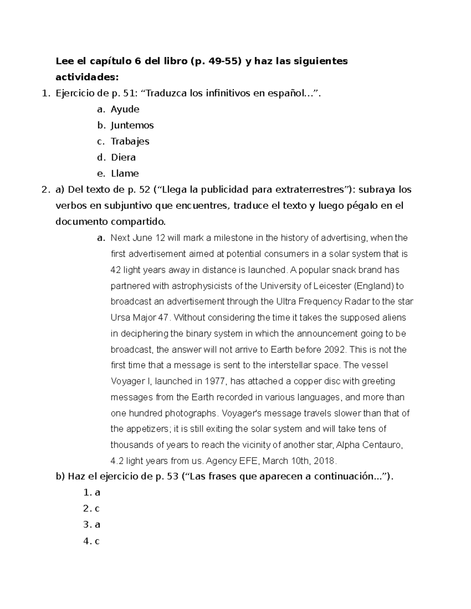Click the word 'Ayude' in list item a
click(125, 109)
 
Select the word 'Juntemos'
click(132, 125)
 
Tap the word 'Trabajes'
click(130, 142)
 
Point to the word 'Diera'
click(123, 158)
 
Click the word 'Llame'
click(125, 174)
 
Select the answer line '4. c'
click(91, 542)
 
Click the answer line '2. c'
click(91, 509)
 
